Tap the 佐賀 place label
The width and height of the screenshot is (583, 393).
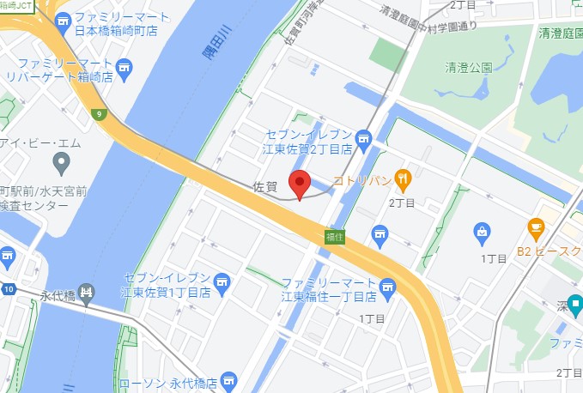266,185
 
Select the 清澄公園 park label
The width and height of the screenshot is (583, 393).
469,67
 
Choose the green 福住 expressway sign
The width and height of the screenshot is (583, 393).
335,236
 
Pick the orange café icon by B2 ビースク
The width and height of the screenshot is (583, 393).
536,229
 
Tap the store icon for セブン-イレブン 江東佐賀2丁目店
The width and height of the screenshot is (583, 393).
363,137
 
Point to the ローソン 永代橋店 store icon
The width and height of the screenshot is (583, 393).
228,378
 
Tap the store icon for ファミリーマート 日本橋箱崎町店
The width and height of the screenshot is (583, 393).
63,19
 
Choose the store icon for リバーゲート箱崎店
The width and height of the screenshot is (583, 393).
124,67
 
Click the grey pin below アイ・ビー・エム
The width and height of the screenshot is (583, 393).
61,161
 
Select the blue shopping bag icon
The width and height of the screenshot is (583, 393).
483,231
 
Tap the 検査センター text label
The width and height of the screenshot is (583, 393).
43,207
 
